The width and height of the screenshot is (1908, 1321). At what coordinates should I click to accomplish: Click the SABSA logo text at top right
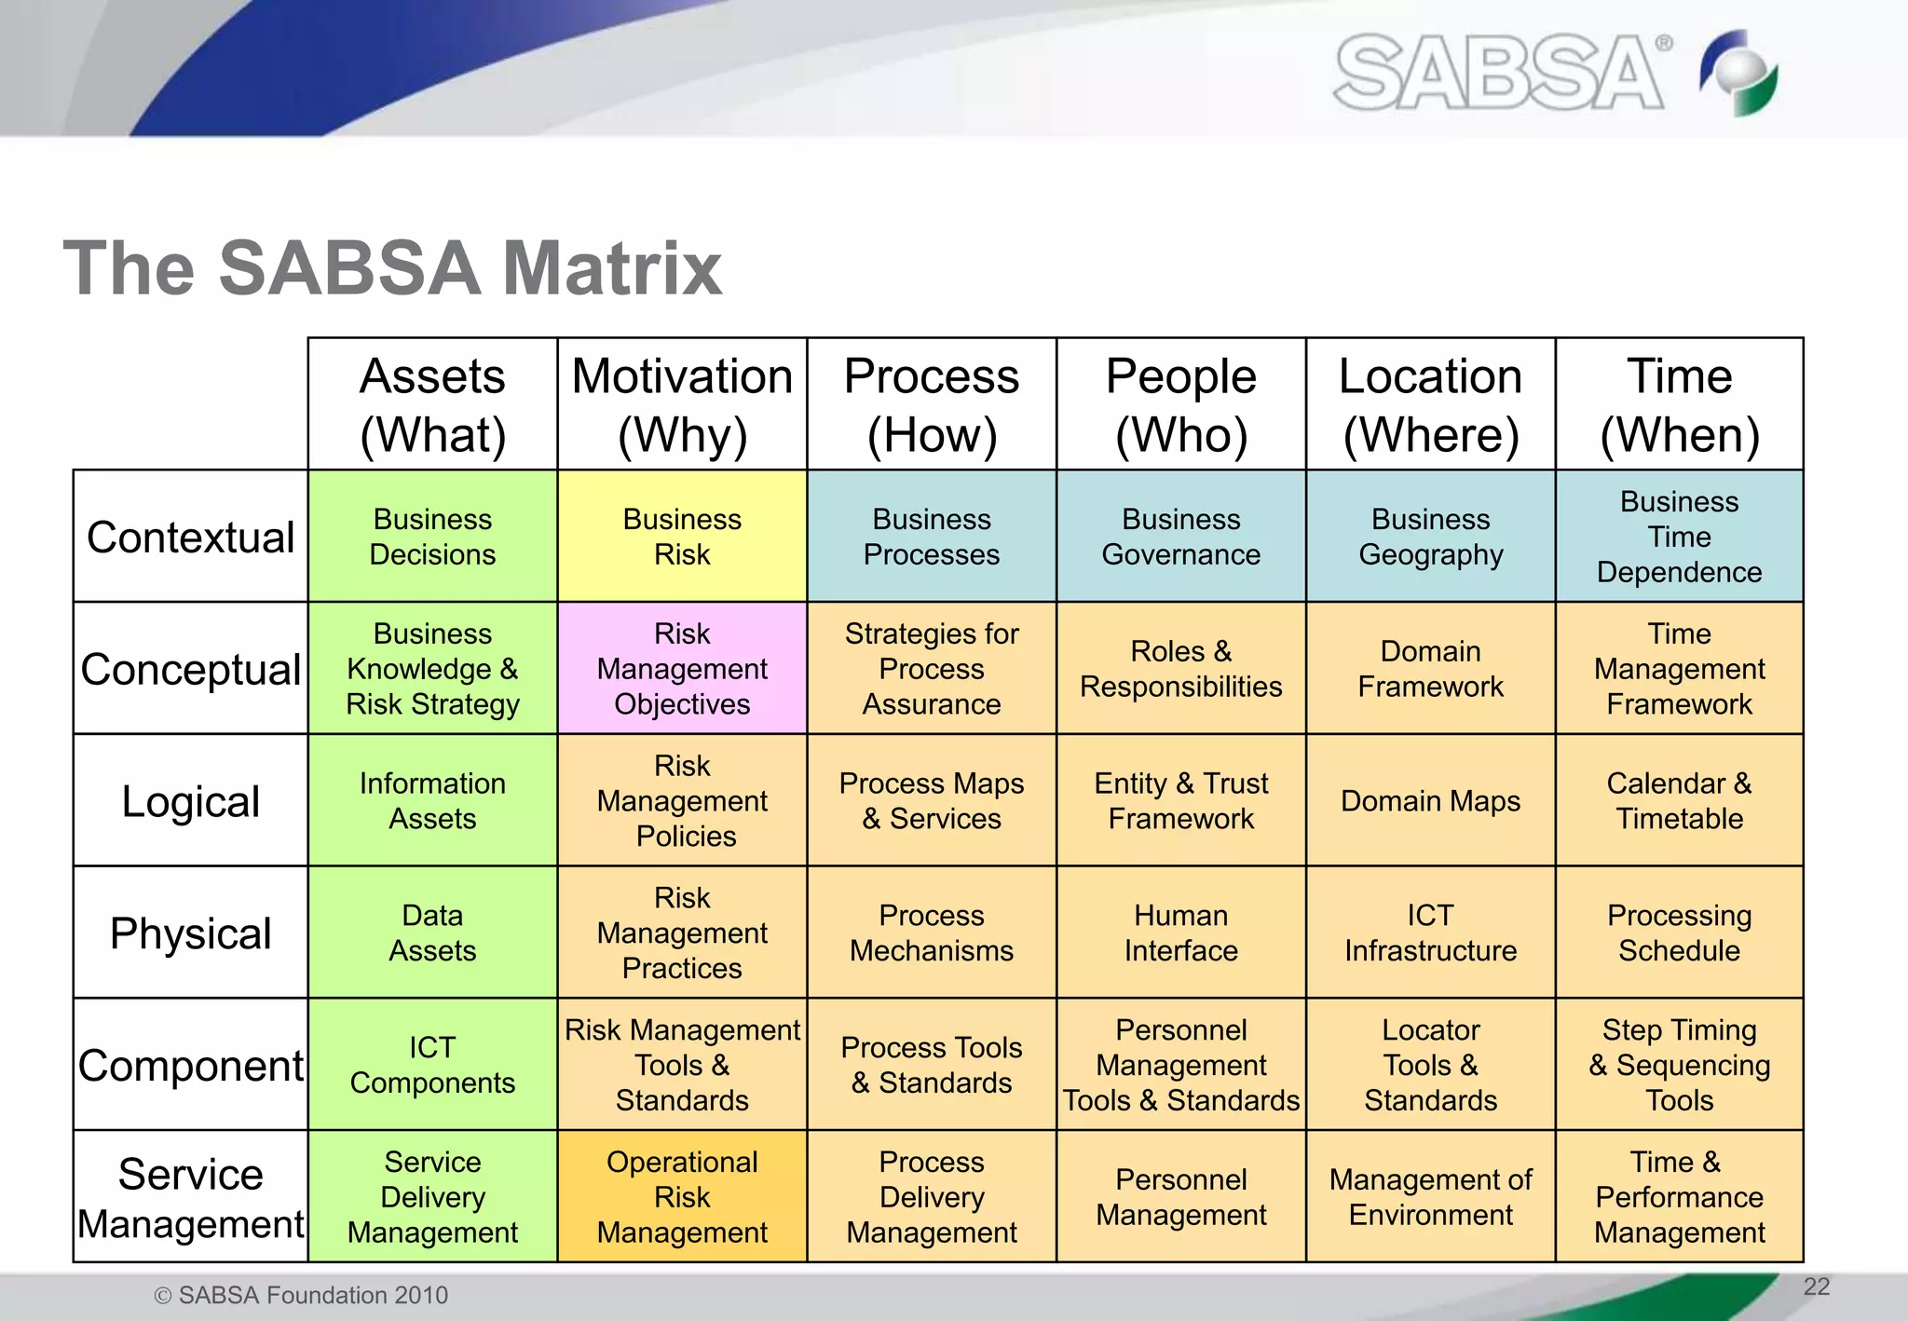tap(1500, 73)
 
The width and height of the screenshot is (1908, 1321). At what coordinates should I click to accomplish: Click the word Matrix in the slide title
tap(611, 269)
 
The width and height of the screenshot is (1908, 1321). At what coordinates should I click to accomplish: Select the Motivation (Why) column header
tap(682, 405)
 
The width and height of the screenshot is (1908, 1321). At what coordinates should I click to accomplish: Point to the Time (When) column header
tap(1679, 405)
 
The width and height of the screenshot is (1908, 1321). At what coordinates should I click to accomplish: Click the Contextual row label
tap(191, 538)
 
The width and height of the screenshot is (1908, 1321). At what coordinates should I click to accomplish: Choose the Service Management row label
tap(191, 1198)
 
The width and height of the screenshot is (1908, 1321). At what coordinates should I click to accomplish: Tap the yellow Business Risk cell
tap(682, 538)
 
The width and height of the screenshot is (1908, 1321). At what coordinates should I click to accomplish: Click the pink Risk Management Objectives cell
tap(682, 669)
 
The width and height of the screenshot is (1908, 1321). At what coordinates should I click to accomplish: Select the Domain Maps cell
tap(1430, 801)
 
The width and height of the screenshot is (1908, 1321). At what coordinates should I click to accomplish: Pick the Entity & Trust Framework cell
tap(1180, 801)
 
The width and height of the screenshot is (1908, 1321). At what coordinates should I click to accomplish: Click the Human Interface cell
tap(1180, 933)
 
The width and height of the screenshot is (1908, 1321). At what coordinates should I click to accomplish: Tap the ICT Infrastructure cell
tap(1430, 933)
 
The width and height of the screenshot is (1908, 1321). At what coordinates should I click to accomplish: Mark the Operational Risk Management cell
tap(682, 1198)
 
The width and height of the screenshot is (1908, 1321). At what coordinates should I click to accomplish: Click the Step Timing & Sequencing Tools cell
tap(1679, 1065)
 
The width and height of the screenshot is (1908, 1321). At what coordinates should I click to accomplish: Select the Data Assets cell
tap(432, 933)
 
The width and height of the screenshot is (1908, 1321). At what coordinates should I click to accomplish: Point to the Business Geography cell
tap(1430, 538)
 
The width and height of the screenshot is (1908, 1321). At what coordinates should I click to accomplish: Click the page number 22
tap(1816, 1287)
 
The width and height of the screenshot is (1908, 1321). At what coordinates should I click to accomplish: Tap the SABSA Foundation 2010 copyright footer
tap(301, 1295)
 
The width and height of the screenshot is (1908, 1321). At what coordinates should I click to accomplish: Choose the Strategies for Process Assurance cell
tap(932, 669)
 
